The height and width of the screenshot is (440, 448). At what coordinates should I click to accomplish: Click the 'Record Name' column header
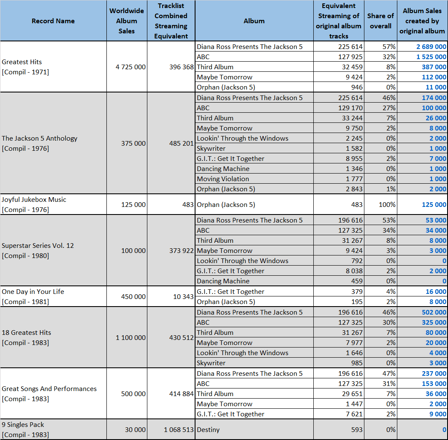[53, 21]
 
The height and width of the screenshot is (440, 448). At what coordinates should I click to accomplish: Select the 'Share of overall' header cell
[380, 21]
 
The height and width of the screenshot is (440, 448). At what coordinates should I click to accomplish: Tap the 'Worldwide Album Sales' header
[127, 21]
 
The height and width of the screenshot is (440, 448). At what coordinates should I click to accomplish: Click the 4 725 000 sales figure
[130, 67]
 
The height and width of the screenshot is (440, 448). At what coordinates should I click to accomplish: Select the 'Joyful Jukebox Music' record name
[34, 199]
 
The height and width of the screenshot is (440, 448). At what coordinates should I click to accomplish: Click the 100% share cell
[387, 204]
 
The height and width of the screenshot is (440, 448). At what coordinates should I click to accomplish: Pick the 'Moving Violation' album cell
[223, 179]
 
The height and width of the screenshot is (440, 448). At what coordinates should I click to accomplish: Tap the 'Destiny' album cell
[208, 429]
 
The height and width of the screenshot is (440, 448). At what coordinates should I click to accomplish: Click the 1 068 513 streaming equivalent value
[179, 429]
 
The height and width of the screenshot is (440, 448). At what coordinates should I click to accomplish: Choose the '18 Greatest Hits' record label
[26, 333]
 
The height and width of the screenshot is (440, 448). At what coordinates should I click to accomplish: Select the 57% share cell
[389, 46]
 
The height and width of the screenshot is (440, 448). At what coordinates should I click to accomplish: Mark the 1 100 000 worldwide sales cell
[130, 337]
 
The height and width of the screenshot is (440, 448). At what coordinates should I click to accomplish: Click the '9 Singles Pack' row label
[23, 424]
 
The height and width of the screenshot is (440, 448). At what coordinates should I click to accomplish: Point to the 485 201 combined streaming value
[182, 143]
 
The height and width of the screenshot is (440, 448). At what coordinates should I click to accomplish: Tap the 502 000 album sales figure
[434, 312]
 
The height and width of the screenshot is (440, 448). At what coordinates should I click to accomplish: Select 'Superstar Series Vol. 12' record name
[38, 245]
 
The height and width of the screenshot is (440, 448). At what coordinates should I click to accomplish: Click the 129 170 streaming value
[350, 108]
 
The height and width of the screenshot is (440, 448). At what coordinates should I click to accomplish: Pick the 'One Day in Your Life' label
[33, 291]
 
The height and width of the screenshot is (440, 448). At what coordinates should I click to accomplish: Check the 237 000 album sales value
[434, 373]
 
